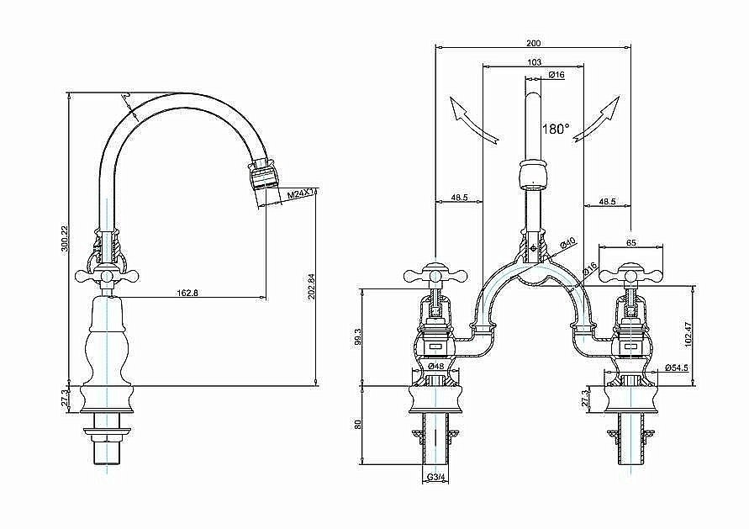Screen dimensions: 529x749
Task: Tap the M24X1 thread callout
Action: (x=299, y=195)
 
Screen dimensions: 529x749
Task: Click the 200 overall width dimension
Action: (x=533, y=43)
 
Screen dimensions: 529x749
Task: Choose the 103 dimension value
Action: (x=533, y=62)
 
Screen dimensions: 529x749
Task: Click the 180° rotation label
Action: (x=556, y=130)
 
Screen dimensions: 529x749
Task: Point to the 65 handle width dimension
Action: (x=630, y=241)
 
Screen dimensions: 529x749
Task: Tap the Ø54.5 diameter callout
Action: (x=677, y=368)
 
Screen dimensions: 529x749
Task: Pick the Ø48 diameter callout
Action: (x=435, y=367)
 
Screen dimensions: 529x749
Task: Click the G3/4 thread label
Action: (x=435, y=479)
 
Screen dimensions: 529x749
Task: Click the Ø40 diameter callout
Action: (x=568, y=243)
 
